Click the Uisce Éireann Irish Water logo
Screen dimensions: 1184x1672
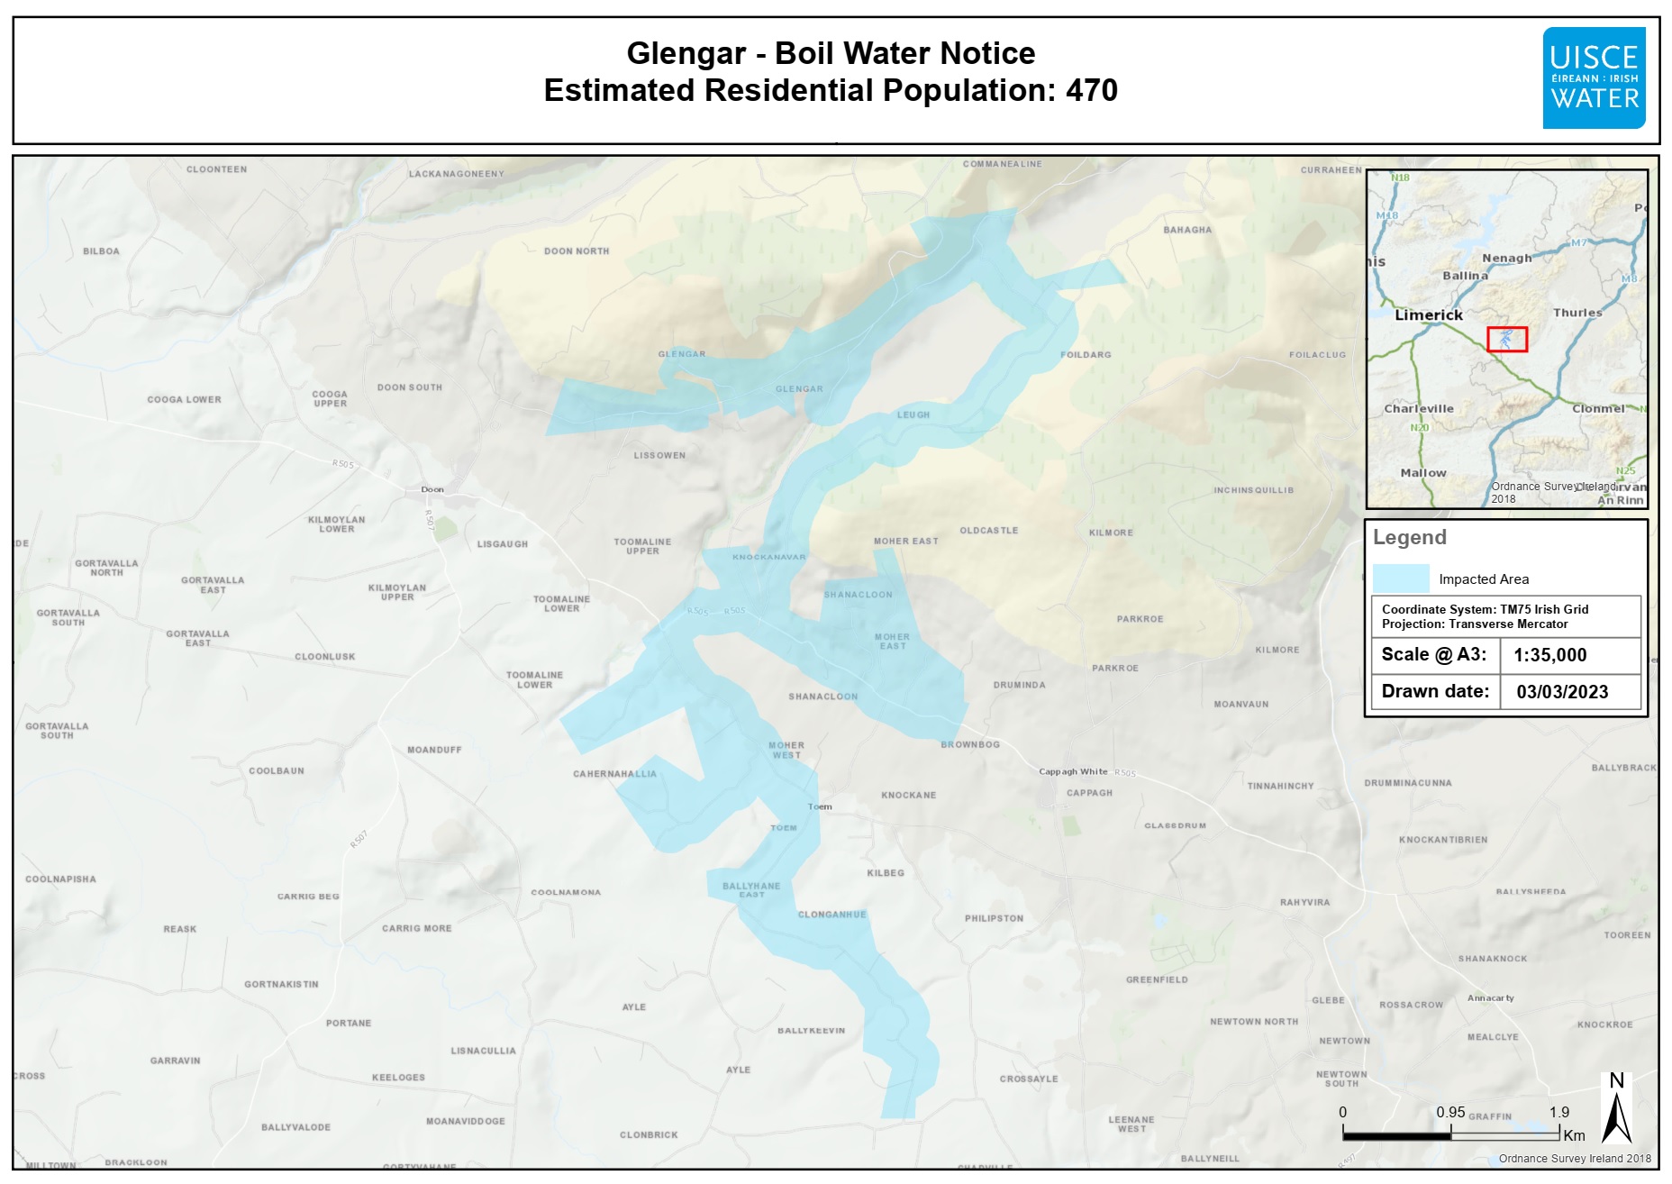(1594, 78)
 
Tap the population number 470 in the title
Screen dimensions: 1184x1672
(1092, 90)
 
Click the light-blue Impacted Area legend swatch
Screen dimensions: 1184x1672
(1401, 578)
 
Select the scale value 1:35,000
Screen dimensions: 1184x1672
(1549, 655)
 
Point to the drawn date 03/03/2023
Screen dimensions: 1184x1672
(1562, 692)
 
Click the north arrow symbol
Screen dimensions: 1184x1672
(1617, 1110)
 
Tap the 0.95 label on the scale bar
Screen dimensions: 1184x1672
(1450, 1113)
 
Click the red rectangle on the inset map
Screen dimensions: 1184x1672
(1507, 339)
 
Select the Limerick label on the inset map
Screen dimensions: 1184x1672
(1429, 315)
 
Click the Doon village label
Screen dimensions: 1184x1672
(432, 489)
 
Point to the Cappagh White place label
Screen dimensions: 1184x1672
(1073, 771)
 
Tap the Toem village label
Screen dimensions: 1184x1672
(820, 806)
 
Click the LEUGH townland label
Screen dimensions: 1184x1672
(913, 414)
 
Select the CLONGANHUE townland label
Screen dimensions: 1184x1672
(831, 915)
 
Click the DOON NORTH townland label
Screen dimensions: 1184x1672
(577, 251)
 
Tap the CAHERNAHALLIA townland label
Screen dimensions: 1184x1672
(614, 774)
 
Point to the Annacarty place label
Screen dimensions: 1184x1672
(1491, 998)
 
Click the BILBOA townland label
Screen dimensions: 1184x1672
(101, 251)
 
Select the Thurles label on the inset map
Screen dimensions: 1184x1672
(1577, 313)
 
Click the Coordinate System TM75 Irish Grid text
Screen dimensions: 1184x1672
(1485, 610)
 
